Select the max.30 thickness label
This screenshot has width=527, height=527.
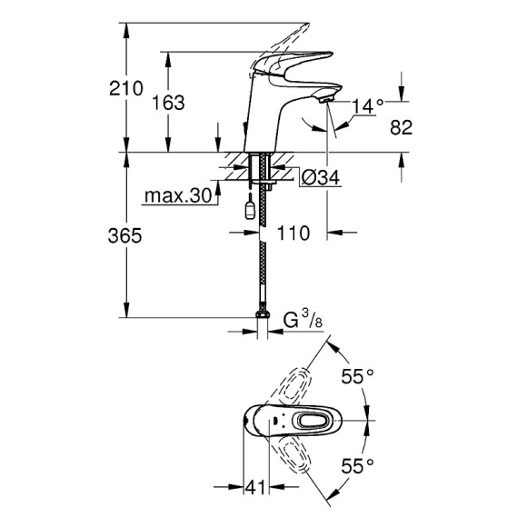pyautogui.click(x=177, y=196)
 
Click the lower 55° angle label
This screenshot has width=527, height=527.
pyautogui.click(x=358, y=467)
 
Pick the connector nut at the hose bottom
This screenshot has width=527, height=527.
pyautogui.click(x=263, y=317)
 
